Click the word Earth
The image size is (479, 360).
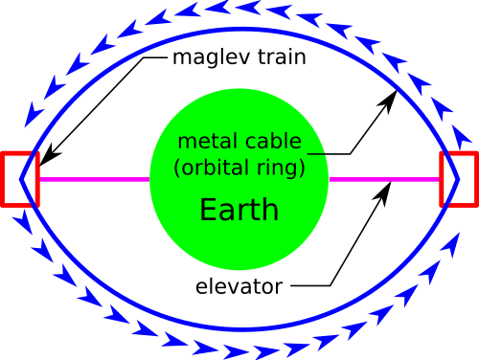[239, 210]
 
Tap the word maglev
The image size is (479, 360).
[212, 57]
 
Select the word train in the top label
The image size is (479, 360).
[282, 56]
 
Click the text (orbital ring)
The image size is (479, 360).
[239, 168]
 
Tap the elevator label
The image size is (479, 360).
[239, 286]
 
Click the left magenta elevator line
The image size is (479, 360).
[95, 179]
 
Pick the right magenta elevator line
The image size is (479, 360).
[384, 179]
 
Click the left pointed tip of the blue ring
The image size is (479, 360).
[21, 179]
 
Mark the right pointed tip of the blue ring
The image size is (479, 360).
[459, 179]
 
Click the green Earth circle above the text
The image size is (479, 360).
[239, 110]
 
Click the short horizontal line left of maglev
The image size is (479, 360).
[155, 57]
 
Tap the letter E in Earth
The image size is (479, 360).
[207, 210]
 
